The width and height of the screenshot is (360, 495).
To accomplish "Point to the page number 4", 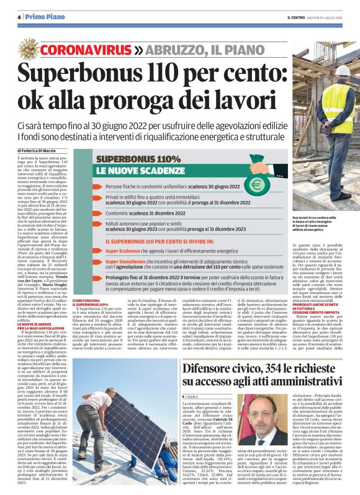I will (19, 17).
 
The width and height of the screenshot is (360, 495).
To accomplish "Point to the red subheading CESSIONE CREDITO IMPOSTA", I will (319, 313).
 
